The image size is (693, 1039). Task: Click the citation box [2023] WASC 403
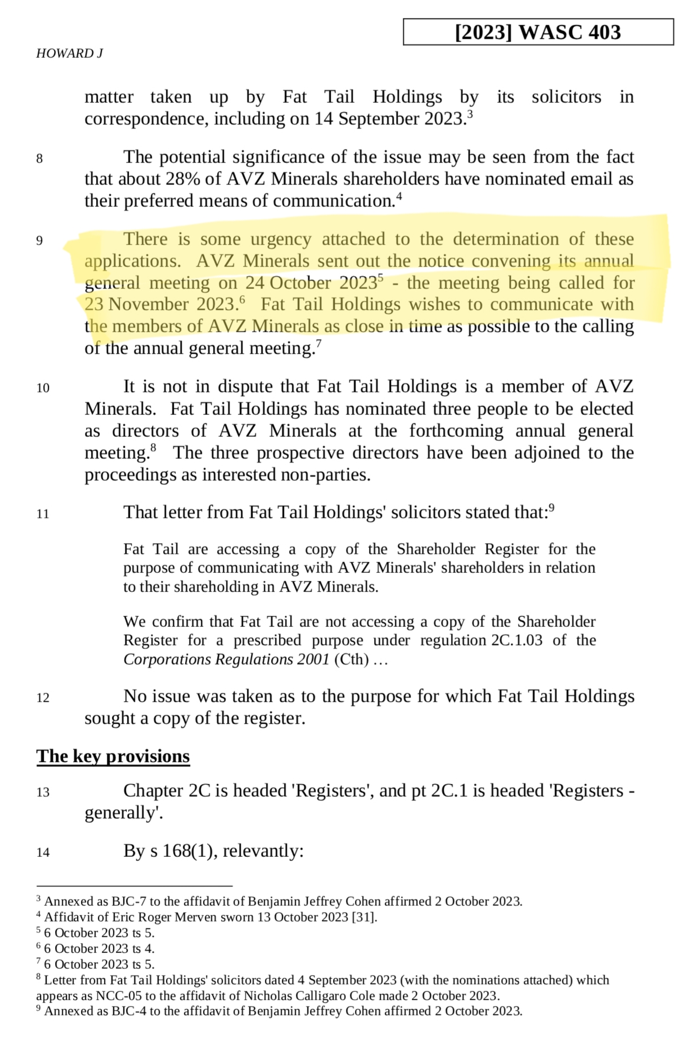(x=538, y=32)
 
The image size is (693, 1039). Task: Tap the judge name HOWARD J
(x=69, y=53)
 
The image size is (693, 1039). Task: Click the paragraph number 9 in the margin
(x=39, y=241)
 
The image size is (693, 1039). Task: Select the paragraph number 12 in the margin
(x=43, y=698)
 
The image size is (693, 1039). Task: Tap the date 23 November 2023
(x=161, y=304)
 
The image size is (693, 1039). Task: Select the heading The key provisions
(x=113, y=756)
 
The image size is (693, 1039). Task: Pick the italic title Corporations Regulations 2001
(x=226, y=659)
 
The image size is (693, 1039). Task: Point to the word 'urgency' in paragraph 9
(x=281, y=239)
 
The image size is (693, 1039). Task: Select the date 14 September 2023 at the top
(x=390, y=119)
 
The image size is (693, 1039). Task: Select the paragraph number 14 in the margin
(x=43, y=853)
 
